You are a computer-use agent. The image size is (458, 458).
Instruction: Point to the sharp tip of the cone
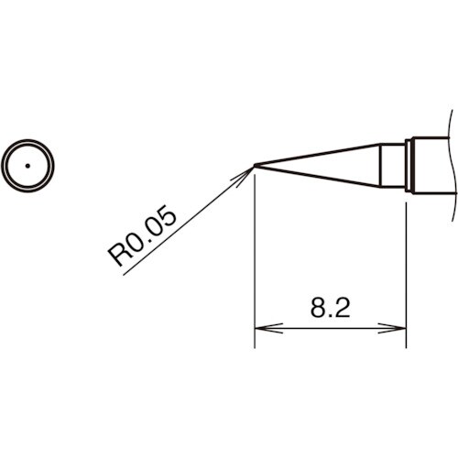[255, 166]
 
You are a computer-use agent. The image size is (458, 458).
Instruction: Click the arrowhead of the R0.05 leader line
[248, 171]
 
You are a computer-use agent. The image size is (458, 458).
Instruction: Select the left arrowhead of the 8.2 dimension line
[260, 326]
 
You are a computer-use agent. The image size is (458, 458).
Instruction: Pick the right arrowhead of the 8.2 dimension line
[399, 326]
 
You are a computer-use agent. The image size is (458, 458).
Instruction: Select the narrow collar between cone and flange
[393, 165]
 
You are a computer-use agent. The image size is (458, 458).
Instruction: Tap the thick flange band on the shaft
[411, 165]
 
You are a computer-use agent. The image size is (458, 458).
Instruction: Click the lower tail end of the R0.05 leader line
[124, 274]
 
